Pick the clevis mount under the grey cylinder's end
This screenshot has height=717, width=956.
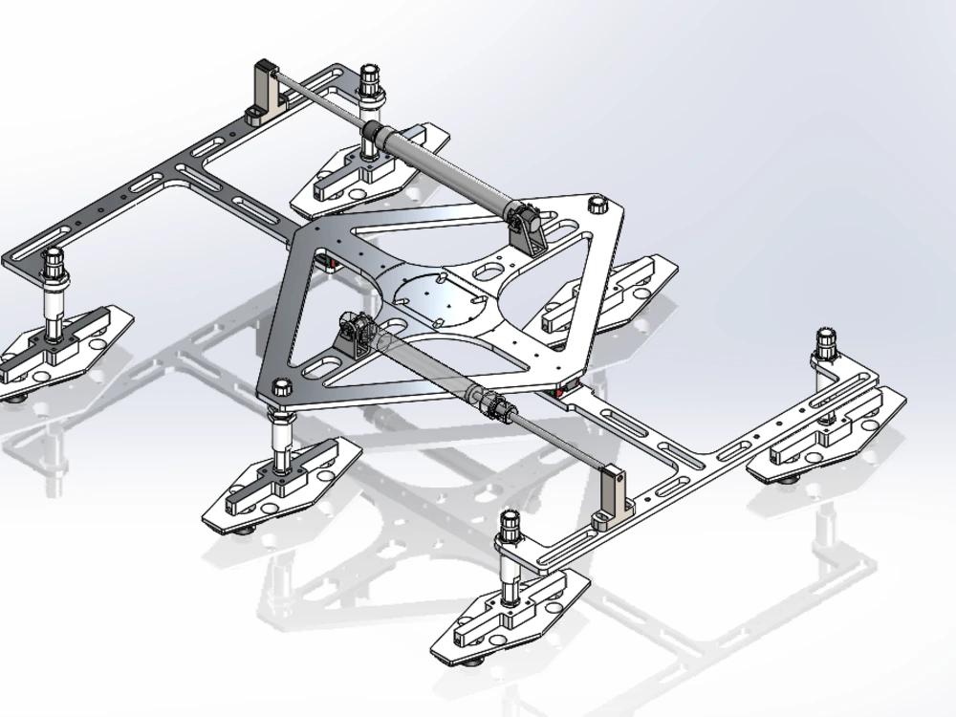[x=529, y=227]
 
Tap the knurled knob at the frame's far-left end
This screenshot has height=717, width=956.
[x=54, y=259]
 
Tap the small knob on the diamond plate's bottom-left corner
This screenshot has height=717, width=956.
[x=281, y=387]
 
